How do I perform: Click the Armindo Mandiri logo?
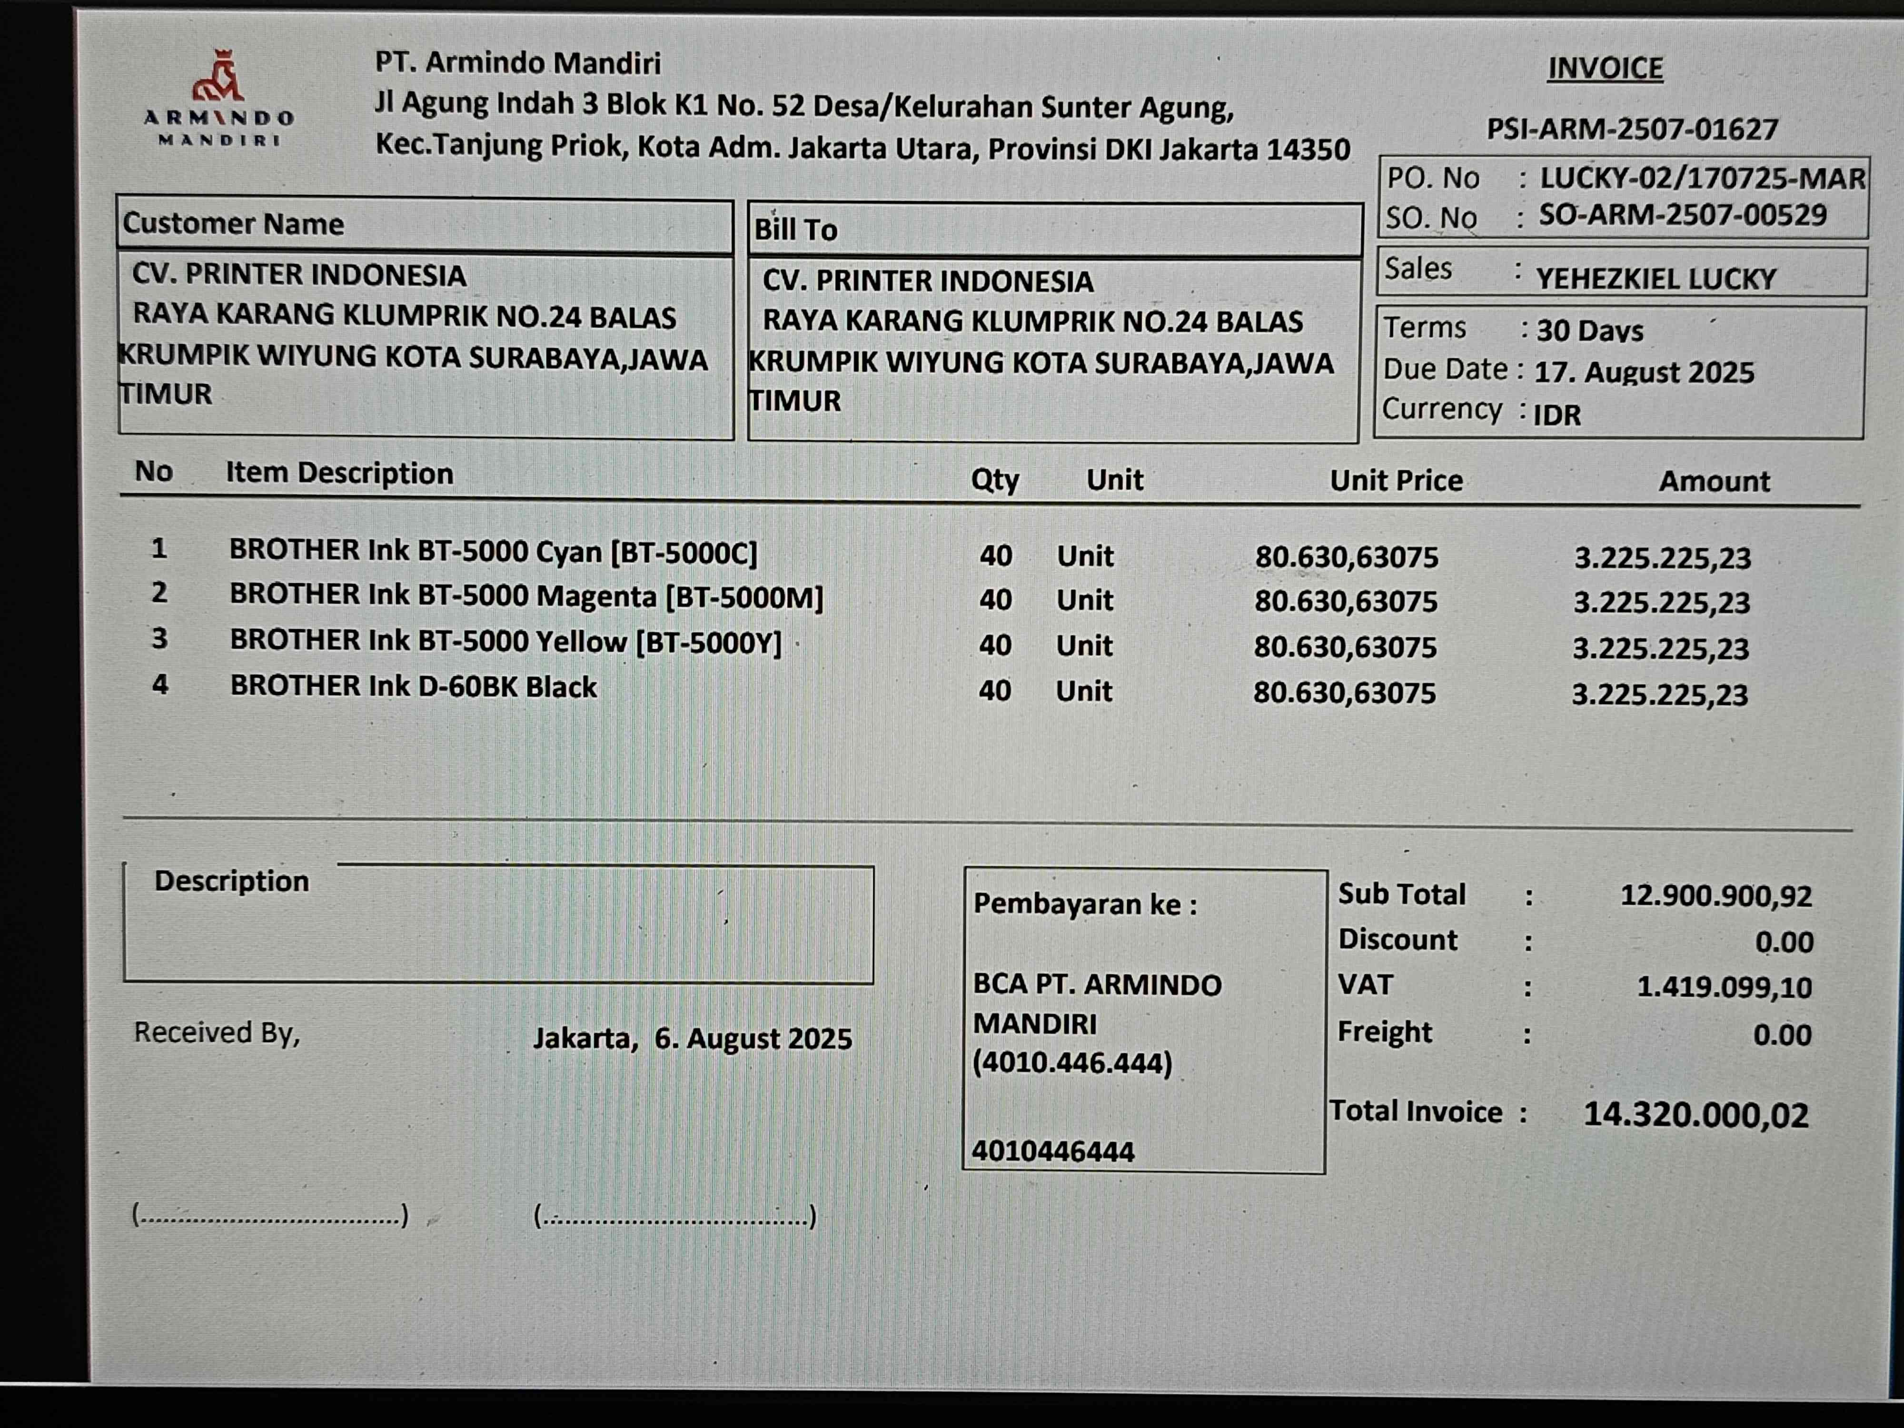coord(218,99)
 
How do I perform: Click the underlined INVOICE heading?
coord(1605,68)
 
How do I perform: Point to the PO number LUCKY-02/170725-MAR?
coord(1702,178)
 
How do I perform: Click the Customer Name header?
coord(233,224)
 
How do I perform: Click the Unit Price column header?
coord(1395,480)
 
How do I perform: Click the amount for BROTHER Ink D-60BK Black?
coord(1659,694)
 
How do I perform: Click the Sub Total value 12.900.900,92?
coord(1716,895)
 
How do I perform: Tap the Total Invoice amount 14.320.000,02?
coord(1696,1115)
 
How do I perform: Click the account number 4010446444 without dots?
coord(1053,1151)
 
